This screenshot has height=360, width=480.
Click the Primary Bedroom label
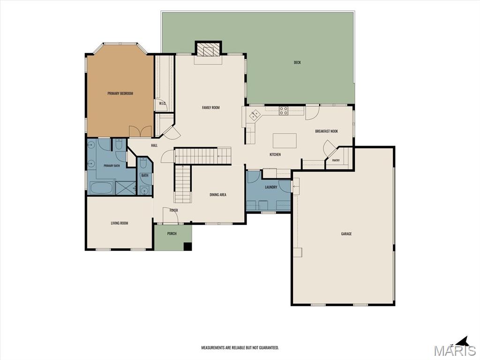click(120, 93)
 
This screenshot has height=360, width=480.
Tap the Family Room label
click(211, 107)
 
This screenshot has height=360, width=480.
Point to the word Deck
click(297, 62)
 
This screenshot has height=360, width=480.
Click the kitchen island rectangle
click(285, 141)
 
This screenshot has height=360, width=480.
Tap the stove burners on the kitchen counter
click(284, 111)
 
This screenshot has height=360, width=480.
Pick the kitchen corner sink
click(254, 115)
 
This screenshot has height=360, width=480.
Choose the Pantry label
click(336, 160)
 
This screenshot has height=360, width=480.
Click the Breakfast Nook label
click(327, 131)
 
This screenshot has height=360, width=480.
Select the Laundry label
click(271, 187)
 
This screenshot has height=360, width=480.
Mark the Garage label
click(346, 234)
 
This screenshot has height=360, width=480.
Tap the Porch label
click(172, 233)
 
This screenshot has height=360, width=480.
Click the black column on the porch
click(187, 247)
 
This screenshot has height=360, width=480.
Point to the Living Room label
click(120, 223)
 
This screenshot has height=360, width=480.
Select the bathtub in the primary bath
click(102, 187)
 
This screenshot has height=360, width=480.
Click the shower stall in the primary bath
click(126, 187)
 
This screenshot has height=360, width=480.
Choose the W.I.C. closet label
click(162, 104)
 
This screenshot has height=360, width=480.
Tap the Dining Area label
click(218, 195)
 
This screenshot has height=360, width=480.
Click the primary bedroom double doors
click(140, 131)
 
